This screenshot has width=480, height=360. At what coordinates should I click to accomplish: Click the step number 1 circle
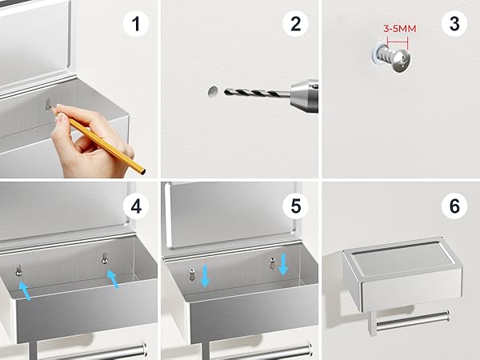click(x=136, y=23)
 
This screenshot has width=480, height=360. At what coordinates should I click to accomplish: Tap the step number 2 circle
click(x=295, y=23)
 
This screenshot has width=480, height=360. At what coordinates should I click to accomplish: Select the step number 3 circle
click(x=454, y=23)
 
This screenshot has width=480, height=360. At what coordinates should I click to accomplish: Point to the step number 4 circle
click(x=136, y=206)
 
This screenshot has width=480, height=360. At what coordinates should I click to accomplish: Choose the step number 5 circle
click(x=295, y=206)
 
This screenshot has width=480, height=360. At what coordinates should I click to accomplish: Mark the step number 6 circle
click(x=454, y=206)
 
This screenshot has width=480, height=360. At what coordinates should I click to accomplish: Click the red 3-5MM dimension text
click(x=400, y=29)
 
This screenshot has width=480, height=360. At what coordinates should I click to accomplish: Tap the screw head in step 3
click(x=402, y=61)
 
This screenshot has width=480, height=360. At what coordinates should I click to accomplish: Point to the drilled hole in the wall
click(x=213, y=91)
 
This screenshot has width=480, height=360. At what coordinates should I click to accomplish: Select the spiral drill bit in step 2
click(x=257, y=93)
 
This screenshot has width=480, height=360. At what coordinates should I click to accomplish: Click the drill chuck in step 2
click(x=304, y=95)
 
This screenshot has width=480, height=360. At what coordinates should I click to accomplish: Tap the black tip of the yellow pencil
click(x=143, y=172)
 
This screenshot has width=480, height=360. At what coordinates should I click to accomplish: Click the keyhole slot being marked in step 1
click(x=48, y=104)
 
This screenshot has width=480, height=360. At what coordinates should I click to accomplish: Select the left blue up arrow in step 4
click(x=25, y=291)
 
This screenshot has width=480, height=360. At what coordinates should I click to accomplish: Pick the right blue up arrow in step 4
click(x=113, y=278)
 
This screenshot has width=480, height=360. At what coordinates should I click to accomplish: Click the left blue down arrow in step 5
click(x=205, y=276)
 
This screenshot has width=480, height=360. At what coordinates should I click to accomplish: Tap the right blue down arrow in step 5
click(x=283, y=264)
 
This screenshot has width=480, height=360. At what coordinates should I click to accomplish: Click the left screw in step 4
click(x=18, y=270)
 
